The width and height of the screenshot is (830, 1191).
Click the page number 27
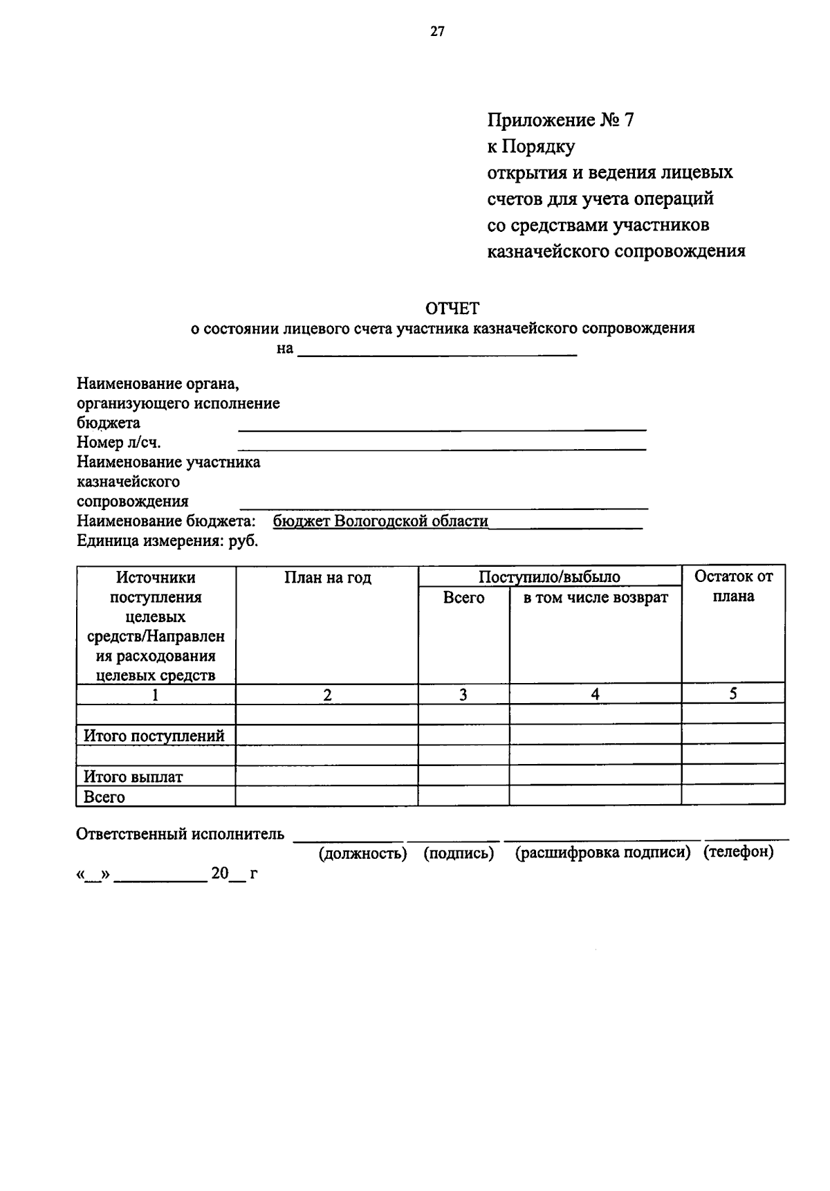click(x=436, y=31)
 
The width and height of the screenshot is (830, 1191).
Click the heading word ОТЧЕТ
click(x=452, y=308)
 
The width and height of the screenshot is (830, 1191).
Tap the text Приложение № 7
click(x=560, y=120)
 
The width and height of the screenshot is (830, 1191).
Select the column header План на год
click(x=328, y=578)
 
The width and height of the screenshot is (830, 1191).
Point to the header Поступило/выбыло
click(x=550, y=577)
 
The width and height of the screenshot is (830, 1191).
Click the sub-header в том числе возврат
click(x=596, y=597)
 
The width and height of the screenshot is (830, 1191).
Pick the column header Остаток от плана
click(x=733, y=586)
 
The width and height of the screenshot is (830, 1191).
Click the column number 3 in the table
click(x=463, y=695)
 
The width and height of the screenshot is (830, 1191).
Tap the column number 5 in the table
click(x=733, y=694)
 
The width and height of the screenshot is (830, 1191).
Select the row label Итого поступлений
click(x=154, y=736)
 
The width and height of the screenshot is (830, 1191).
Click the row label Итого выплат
click(x=133, y=776)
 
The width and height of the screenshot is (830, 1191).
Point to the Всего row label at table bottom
click(x=104, y=797)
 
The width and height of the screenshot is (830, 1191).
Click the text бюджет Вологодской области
click(x=380, y=521)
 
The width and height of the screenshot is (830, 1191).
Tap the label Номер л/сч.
click(x=119, y=442)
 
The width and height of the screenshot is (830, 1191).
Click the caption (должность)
click(x=362, y=853)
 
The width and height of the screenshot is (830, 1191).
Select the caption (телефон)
click(x=738, y=852)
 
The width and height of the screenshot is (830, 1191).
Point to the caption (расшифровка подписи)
click(x=603, y=853)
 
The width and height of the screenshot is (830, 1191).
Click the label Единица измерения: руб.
click(x=167, y=540)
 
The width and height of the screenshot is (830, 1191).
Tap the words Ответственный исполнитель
click(x=180, y=834)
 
